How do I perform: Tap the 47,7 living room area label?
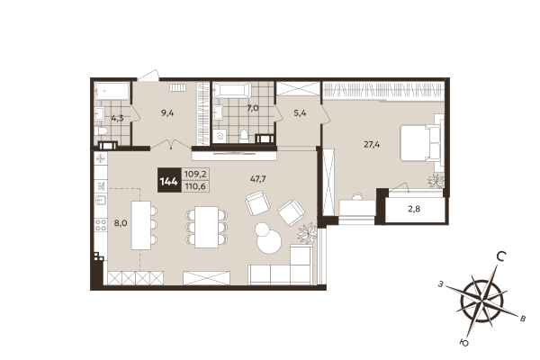click(257, 178)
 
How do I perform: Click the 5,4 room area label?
click(301, 113)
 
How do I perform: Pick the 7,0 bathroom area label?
click(253, 108)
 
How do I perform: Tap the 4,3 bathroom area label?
click(117, 117)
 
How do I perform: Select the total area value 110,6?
click(194, 186)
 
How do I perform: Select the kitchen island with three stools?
click(141, 223)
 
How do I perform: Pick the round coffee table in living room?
click(267, 238)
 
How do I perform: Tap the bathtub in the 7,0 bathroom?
click(233, 91)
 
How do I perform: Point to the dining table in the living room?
click(207, 224)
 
